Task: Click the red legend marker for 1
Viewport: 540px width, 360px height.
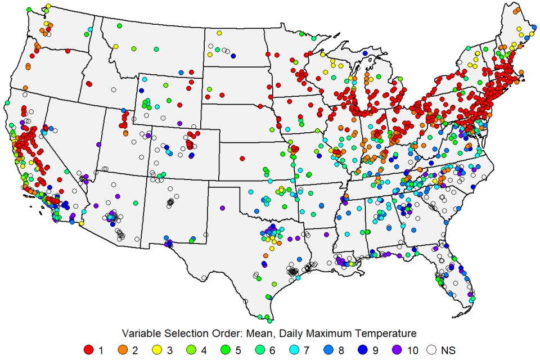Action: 88,350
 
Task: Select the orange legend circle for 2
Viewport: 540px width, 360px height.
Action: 123,350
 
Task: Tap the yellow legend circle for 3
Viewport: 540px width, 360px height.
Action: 158,350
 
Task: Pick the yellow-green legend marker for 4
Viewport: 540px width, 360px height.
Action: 193,350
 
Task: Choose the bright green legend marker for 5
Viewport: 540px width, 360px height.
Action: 228,350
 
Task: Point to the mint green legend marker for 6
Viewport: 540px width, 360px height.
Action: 263,350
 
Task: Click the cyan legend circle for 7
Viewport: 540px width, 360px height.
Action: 298,350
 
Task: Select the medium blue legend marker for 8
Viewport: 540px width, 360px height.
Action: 332,350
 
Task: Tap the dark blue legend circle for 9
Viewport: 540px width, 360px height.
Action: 367,350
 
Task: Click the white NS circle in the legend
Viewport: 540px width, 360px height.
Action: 432,350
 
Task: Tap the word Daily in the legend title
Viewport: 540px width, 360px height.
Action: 280,333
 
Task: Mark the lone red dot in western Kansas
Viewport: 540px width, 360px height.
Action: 242,159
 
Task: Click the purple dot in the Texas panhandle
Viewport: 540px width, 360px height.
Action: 222,208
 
